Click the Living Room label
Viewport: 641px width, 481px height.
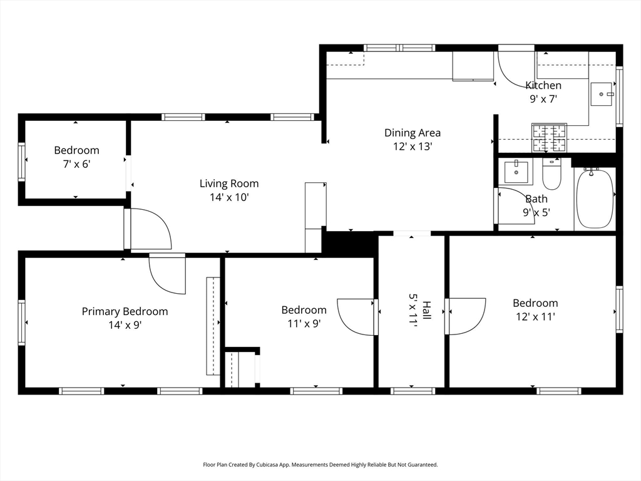tap(229, 184)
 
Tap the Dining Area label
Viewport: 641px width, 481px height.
tap(413, 133)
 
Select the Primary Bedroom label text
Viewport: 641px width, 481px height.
tap(125, 311)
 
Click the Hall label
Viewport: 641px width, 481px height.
tap(426, 311)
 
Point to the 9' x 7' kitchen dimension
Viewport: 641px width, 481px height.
tap(544, 99)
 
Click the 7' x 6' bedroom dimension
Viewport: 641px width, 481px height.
tap(76, 164)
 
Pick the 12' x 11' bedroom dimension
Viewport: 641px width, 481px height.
tap(536, 316)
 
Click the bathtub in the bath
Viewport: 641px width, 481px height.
tap(595, 199)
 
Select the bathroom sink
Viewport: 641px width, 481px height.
tap(516, 172)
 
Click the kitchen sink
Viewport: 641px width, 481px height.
tap(602, 94)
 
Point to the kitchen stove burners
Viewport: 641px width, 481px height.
tap(549, 137)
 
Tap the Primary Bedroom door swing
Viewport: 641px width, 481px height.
tap(167, 274)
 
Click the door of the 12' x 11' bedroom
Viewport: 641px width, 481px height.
tap(465, 316)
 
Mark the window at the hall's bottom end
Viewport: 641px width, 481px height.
tap(413, 391)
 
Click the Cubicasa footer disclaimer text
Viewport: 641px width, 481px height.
tap(320, 465)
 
